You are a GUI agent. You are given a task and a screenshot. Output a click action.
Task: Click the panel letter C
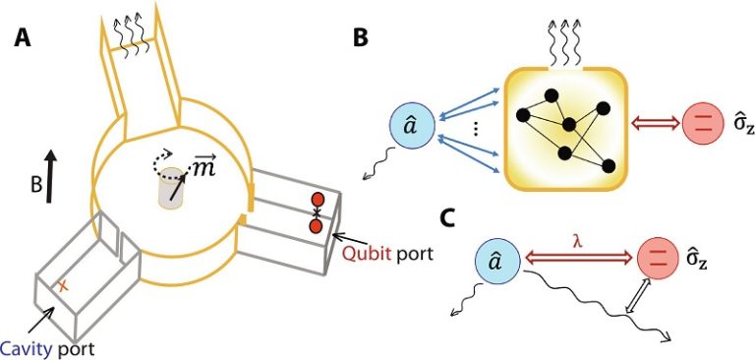[447, 219]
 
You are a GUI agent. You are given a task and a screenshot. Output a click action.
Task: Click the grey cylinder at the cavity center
[172, 187]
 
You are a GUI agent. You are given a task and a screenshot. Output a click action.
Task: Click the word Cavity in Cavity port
[28, 346]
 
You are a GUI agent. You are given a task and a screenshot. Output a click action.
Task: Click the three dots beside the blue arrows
[477, 129]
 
